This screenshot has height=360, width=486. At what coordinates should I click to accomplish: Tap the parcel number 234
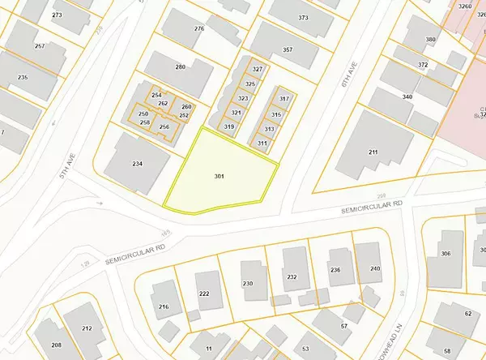[x=138, y=164]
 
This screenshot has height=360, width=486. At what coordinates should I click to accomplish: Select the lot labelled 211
[x=373, y=152]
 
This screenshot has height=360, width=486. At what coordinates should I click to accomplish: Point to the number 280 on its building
[x=181, y=67]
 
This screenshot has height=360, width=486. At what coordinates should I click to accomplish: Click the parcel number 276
[x=199, y=29]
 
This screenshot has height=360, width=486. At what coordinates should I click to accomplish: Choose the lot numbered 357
[x=287, y=50]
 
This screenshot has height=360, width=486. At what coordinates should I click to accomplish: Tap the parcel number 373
[x=304, y=17]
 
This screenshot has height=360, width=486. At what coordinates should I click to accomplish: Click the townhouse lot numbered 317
[x=284, y=98]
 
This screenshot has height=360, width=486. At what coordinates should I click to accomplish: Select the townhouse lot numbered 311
[x=262, y=143]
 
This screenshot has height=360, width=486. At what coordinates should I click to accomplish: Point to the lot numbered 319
[x=229, y=126]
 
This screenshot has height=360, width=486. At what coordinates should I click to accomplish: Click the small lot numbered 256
[x=164, y=127]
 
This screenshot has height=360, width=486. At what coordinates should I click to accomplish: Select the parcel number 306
[x=445, y=254]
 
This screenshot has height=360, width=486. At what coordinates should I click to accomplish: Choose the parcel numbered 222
[x=204, y=293]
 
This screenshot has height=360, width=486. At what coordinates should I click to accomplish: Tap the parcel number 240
[x=375, y=268]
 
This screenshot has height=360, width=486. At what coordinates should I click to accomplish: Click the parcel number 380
[x=431, y=40]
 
